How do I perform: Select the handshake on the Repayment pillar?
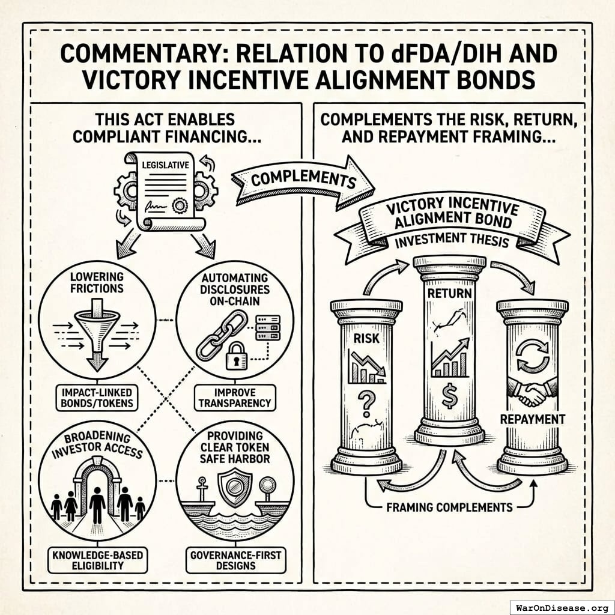(532, 393)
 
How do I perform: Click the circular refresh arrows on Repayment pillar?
(533, 357)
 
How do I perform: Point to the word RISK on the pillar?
(366, 338)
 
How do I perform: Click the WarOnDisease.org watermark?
(561, 607)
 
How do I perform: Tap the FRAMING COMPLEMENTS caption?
(449, 507)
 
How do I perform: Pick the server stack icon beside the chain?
(267, 328)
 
